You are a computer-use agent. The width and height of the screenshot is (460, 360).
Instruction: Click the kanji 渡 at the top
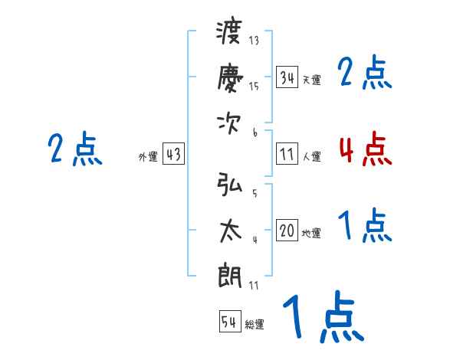click(229, 35)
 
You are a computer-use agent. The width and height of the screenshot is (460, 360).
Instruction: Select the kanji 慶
click(229, 78)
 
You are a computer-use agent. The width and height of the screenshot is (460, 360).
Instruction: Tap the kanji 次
click(229, 123)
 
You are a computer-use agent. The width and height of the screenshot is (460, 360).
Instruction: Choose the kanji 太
click(229, 230)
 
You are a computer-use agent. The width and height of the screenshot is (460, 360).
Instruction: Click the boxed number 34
click(287, 77)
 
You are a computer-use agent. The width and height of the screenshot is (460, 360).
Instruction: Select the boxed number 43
click(173, 155)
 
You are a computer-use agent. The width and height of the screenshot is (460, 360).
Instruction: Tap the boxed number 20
click(287, 231)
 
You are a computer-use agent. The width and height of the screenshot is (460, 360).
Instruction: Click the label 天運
click(311, 80)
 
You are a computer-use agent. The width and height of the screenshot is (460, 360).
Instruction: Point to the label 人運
click(311, 156)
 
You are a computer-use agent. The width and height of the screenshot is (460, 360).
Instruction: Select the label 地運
click(311, 234)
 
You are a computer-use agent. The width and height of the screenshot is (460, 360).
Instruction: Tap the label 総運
click(255, 325)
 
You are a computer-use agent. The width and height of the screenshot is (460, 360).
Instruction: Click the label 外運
click(148, 157)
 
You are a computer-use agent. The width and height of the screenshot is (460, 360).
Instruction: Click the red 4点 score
click(365, 149)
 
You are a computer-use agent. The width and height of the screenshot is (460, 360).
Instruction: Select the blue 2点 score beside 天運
click(365, 73)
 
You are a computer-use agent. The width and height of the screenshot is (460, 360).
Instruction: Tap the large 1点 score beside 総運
click(322, 318)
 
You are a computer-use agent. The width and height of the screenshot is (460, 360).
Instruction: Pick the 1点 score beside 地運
click(365, 227)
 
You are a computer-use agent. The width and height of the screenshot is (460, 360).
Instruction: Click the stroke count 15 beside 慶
click(254, 87)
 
